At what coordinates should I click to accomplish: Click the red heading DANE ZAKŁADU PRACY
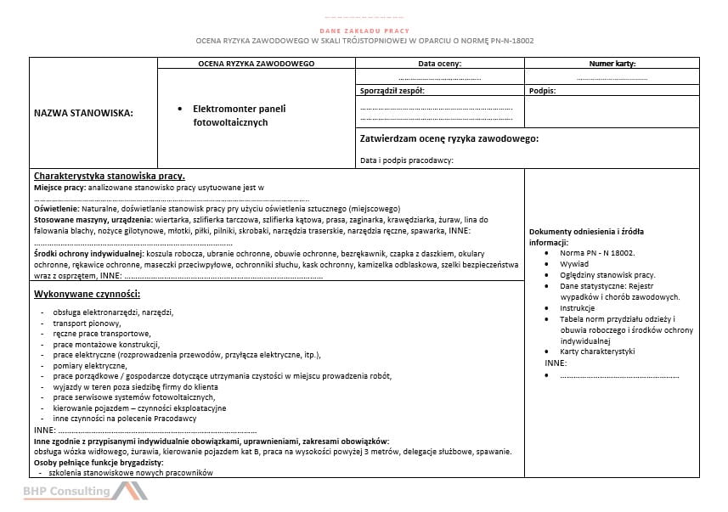coord(364,30)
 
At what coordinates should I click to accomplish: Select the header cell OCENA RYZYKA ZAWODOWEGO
coord(256,64)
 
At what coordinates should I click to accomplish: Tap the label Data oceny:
coord(439,64)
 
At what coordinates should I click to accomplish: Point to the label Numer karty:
coord(612,64)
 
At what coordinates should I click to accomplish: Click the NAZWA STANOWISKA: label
coord(83,111)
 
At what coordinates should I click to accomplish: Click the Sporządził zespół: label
coord(392,90)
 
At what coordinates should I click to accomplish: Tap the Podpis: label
coord(542,90)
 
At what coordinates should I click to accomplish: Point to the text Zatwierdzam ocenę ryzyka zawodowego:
coord(449,139)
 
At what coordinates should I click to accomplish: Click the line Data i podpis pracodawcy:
coord(406,160)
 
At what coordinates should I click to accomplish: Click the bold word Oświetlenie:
coord(56,208)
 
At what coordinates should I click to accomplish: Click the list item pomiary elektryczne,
coord(89,365)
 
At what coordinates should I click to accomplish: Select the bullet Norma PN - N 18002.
coord(597,253)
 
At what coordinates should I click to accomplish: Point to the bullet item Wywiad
coord(574,264)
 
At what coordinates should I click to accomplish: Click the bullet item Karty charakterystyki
coord(597,352)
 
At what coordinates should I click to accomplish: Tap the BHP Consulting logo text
coord(66,492)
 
